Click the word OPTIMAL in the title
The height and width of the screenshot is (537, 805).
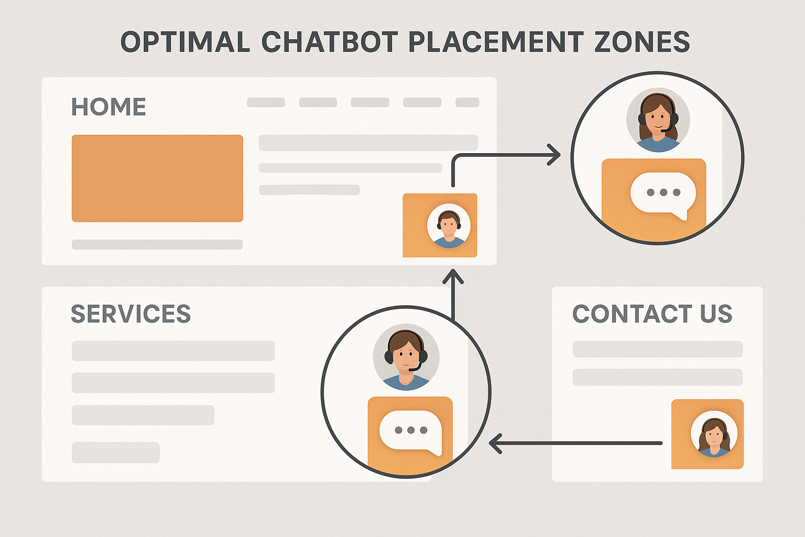[185, 42]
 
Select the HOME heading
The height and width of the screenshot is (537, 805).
[108, 107]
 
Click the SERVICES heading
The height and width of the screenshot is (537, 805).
[130, 314]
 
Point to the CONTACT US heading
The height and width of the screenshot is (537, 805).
[652, 314]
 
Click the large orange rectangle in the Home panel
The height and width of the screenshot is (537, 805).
[157, 178]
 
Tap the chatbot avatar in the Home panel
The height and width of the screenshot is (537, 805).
[449, 226]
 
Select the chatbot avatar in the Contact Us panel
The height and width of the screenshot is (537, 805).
[714, 434]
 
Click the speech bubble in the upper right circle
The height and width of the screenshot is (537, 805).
[663, 194]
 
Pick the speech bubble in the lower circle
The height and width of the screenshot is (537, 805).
[410, 431]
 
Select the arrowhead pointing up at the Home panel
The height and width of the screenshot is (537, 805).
[453, 276]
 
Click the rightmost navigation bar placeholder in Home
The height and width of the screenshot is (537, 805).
[467, 102]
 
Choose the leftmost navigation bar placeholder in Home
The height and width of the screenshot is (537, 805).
[266, 102]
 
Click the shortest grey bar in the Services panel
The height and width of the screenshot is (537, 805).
[115, 452]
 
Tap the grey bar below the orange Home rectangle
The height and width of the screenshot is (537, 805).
[157, 244]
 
